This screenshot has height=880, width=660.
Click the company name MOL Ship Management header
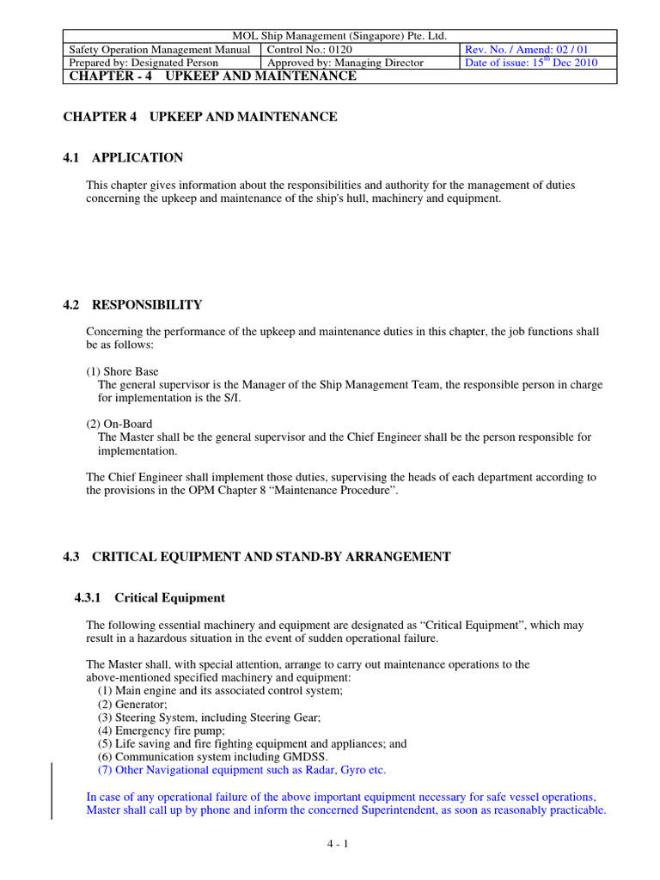pyautogui.click(x=339, y=35)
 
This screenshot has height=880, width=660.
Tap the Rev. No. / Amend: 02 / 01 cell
pyautogui.click(x=526, y=49)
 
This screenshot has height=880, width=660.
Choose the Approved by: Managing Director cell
pyautogui.click(x=345, y=63)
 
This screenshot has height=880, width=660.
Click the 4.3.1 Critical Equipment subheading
pyautogui.click(x=150, y=598)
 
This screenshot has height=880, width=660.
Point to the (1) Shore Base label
pyautogui.click(x=122, y=371)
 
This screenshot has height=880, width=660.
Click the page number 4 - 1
pyautogui.click(x=337, y=844)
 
